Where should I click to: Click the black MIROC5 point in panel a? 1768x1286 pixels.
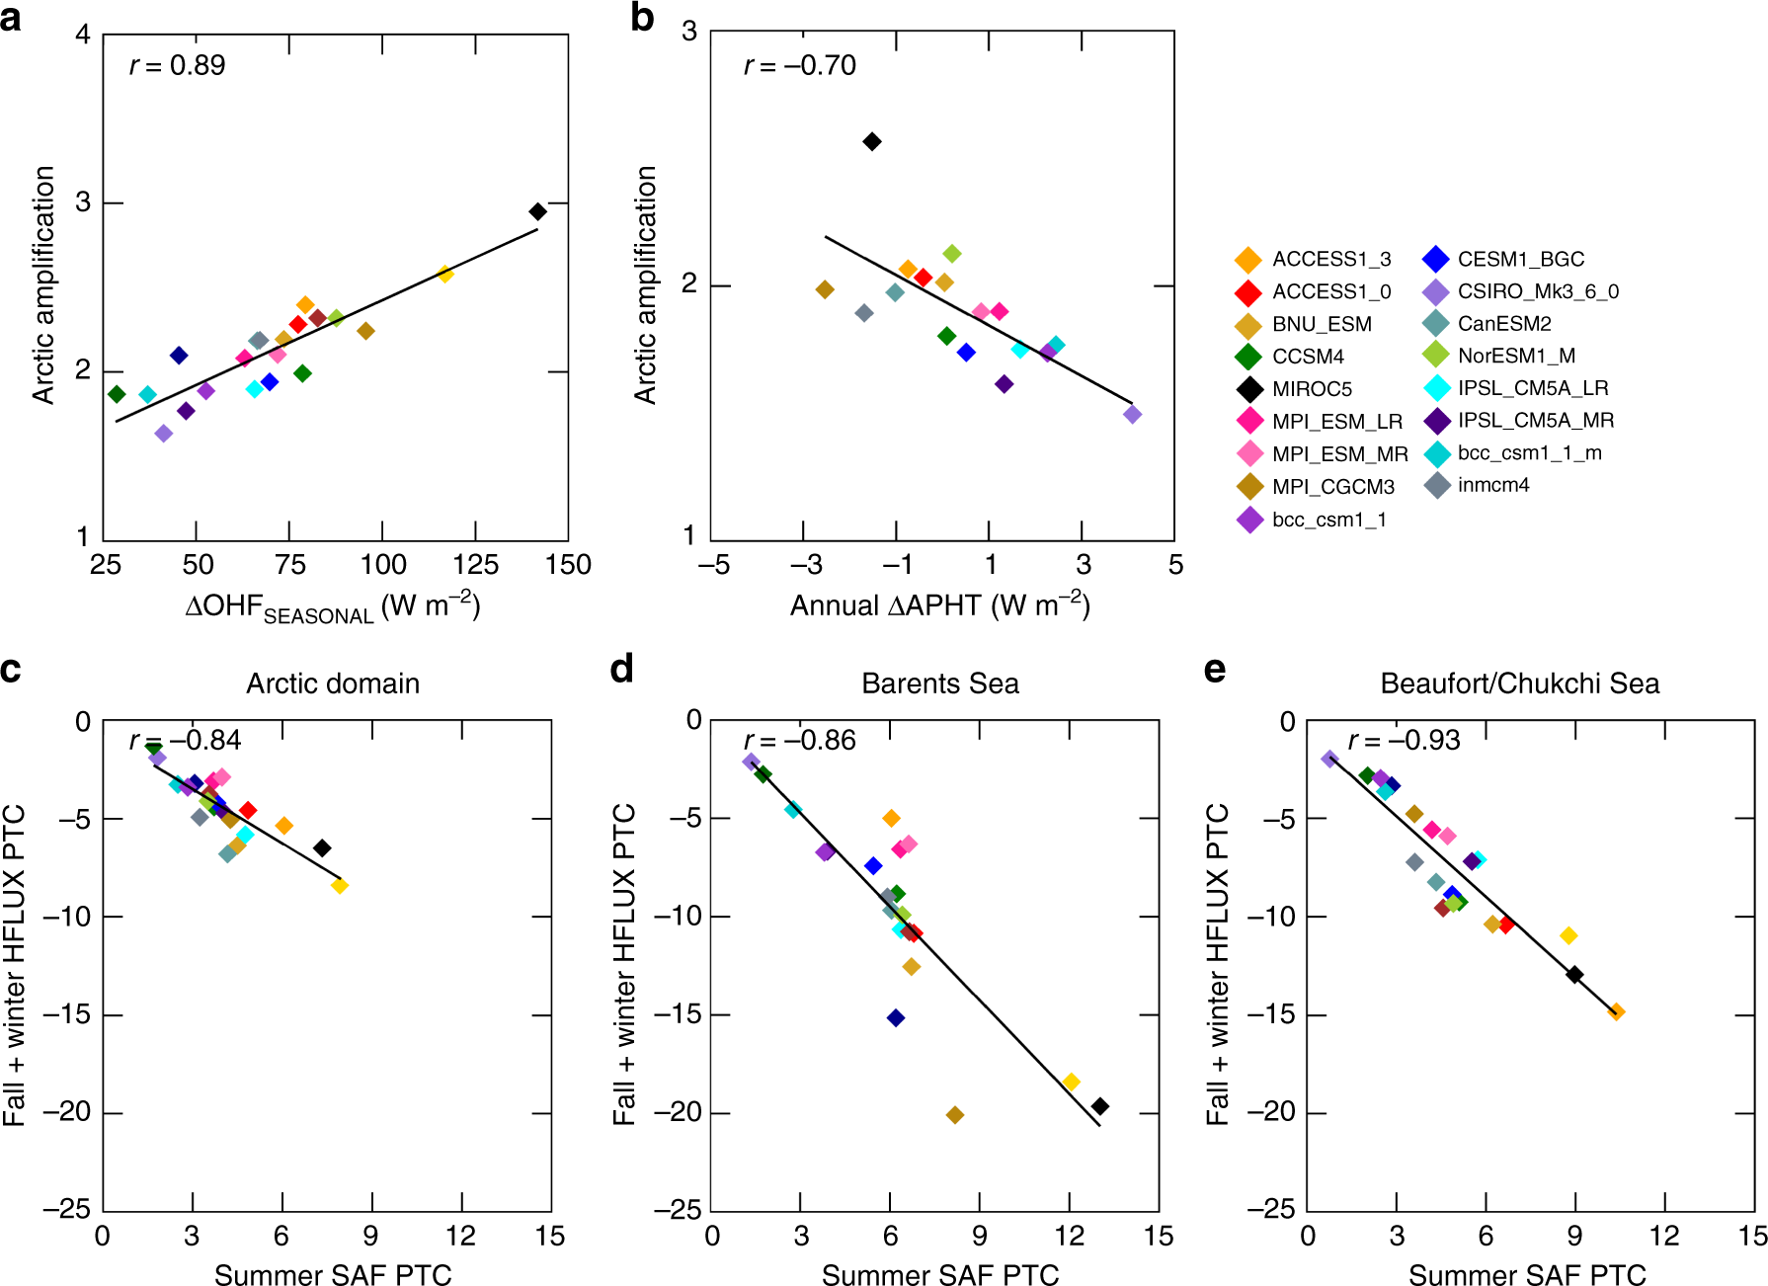537,211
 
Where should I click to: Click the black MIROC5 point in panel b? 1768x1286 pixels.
871,141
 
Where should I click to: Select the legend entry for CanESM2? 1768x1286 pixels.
1504,324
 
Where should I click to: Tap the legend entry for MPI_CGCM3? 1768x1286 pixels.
1332,487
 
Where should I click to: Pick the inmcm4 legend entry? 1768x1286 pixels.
1492,485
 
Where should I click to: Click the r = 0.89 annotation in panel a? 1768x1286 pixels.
177,66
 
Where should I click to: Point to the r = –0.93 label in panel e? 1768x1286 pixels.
1404,741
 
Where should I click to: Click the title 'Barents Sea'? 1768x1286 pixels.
939,683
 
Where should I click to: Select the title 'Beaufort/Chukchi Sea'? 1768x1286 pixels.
1519,683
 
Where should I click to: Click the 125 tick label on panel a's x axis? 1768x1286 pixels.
475,565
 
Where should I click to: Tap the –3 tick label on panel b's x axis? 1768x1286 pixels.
805,565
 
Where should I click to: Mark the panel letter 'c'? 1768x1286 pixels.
11,670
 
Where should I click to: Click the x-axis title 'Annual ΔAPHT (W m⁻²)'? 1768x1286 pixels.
939,605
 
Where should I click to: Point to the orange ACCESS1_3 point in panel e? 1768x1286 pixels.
1616,1011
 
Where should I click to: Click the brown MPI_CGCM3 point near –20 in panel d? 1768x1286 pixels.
954,1114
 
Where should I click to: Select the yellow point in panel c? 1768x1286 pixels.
339,885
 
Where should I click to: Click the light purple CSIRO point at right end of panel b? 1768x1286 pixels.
1132,414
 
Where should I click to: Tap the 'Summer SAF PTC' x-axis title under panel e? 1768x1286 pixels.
1526,1275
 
